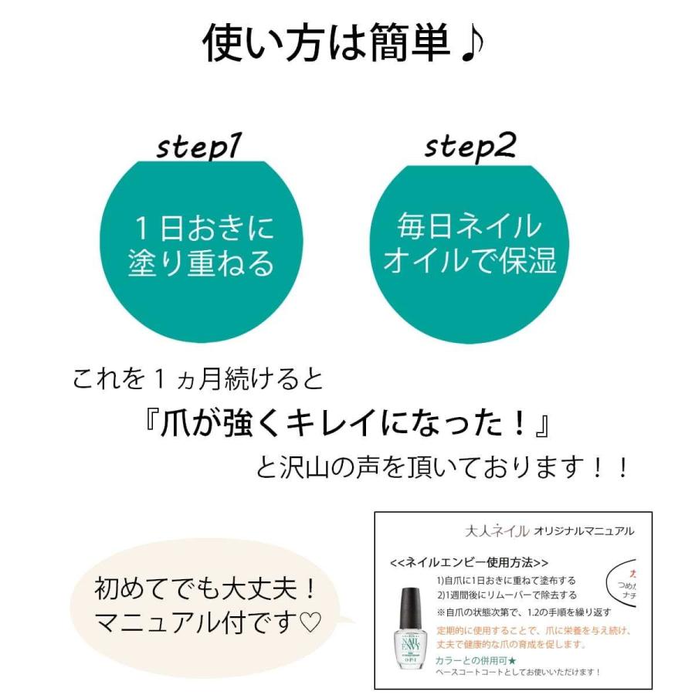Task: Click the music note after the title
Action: [x=470, y=44]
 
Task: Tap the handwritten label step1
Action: [x=199, y=146]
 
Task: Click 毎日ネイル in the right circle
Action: [x=470, y=227]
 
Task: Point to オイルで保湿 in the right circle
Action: [x=470, y=261]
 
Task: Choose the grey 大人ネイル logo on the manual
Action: [x=497, y=531]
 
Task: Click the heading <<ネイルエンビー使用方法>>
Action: [x=470, y=562]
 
